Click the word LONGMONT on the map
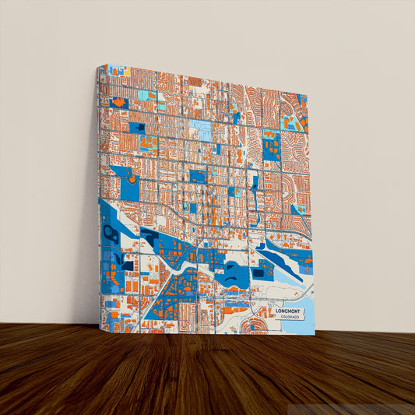(x=292, y=311)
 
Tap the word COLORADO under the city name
(x=293, y=318)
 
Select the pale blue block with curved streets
(x=200, y=129)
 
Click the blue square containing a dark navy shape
(x=137, y=128)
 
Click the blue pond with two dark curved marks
(x=231, y=273)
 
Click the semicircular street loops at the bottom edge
(x=253, y=325)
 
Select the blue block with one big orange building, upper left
(x=118, y=102)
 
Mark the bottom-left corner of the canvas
(x=100, y=330)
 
